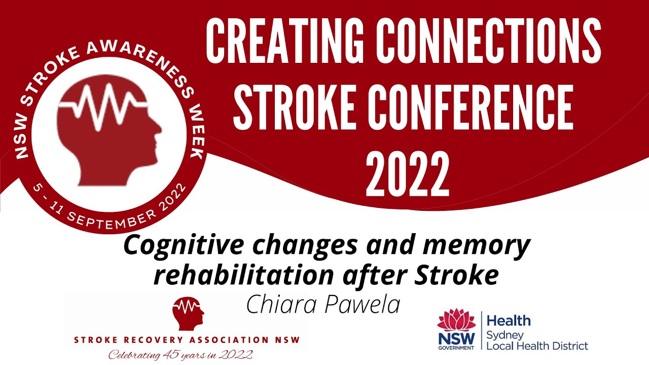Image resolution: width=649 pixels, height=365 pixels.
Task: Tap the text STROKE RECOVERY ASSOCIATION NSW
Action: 187,340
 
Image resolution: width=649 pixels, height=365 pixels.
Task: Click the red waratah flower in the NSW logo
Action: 456,320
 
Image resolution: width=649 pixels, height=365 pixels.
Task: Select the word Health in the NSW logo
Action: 508,320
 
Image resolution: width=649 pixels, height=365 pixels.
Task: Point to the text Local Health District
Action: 537,346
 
